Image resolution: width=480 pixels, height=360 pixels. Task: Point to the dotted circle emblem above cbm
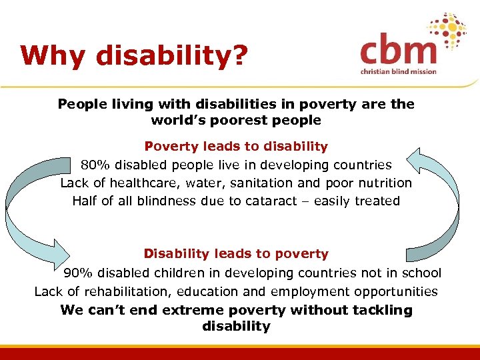447,32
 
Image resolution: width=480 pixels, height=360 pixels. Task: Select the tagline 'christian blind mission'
399,71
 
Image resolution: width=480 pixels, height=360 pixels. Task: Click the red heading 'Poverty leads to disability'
236,146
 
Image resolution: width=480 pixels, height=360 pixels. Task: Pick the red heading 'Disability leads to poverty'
236,254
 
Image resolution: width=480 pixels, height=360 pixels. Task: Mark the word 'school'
421,273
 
